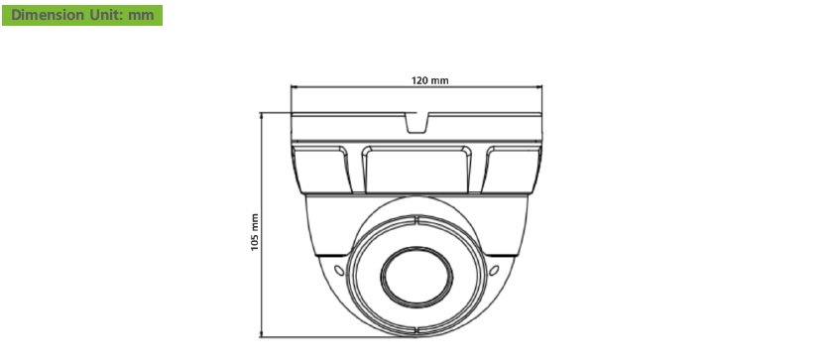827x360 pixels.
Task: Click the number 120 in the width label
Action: tap(418, 80)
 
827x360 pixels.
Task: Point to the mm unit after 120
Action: tap(439, 81)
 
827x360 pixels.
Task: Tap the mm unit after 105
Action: tap(255, 223)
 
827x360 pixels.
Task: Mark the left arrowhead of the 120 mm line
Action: tap(295, 86)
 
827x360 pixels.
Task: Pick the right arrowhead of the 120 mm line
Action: tap(539, 86)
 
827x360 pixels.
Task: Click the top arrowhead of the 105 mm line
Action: tap(261, 116)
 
